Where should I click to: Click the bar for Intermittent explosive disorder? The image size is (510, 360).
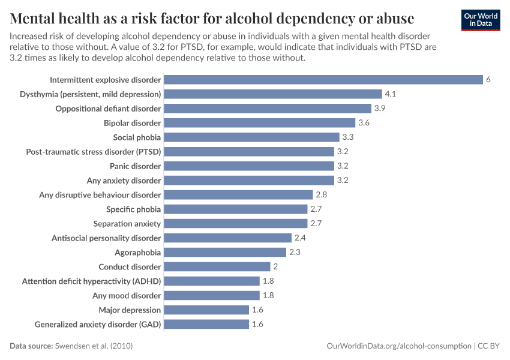[x=323, y=80]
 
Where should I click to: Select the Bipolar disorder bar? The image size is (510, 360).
[x=259, y=123]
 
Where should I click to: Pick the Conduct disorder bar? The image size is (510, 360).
[x=217, y=267]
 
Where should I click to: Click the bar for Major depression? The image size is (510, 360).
[x=206, y=310]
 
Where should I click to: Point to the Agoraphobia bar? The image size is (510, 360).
[x=224, y=253]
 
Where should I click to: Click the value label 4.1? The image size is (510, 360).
[x=391, y=94]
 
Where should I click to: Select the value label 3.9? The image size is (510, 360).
[x=380, y=109]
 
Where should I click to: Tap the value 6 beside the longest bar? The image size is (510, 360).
[x=488, y=80]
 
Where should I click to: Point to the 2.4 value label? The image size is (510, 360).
[x=300, y=238]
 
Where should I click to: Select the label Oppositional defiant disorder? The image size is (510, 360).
[x=108, y=109]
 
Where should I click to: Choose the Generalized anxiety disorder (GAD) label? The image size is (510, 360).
[x=98, y=325]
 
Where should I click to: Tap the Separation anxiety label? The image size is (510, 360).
[x=127, y=224]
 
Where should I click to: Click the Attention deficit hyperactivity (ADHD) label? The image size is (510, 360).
[x=91, y=281]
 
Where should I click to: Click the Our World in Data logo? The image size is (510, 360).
[x=481, y=20]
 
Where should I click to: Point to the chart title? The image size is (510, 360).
[x=212, y=16]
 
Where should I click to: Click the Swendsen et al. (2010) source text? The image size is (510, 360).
[x=94, y=346]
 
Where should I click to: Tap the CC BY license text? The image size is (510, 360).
[x=489, y=346]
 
